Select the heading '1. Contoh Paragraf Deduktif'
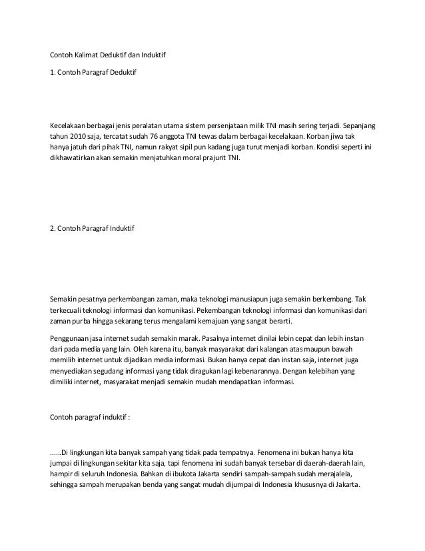(x=93, y=70)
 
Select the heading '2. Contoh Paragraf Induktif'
(x=93, y=229)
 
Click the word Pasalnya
(x=230, y=337)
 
